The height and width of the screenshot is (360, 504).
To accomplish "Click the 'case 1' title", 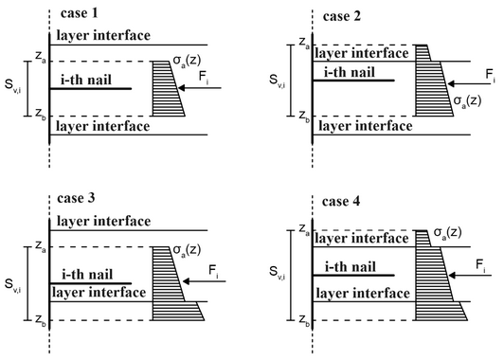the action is [x=79, y=13].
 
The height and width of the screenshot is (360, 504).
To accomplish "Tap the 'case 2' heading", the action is [x=342, y=16].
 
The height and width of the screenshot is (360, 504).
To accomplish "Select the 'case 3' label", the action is [x=76, y=198].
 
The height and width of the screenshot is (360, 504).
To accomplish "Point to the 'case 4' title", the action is [x=341, y=201].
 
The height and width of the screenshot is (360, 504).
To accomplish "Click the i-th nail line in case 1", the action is [x=91, y=88].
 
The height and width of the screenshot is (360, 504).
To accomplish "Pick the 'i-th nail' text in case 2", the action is [x=350, y=72].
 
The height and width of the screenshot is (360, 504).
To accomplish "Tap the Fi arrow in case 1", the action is [x=199, y=88].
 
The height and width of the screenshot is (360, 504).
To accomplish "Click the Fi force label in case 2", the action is [x=490, y=76].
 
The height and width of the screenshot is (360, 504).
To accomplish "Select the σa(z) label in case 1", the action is [x=187, y=60].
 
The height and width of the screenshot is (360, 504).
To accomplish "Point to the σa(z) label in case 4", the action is [x=448, y=232].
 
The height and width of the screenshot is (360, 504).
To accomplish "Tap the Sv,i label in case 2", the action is [x=277, y=81].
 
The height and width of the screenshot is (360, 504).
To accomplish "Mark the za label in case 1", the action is [x=41, y=57].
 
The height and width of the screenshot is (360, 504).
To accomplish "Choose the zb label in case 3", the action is [x=41, y=320].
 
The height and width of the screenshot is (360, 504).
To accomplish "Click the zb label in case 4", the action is [x=304, y=320].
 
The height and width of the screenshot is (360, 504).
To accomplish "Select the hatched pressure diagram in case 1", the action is [x=167, y=88].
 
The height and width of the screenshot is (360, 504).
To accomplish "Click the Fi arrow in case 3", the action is [x=204, y=281].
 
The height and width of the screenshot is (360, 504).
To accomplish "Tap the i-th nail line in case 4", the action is [x=353, y=275].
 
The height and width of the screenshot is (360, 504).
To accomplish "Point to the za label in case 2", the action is [x=304, y=43].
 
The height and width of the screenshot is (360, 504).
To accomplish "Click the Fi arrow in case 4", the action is [x=470, y=276].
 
